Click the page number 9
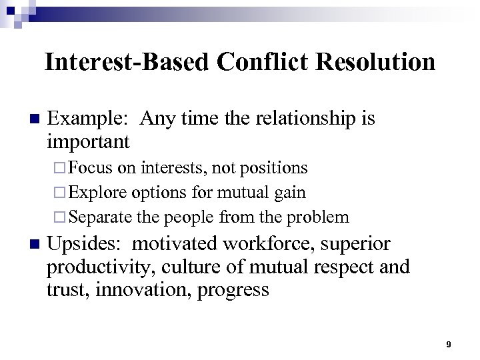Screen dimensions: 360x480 pos(449,344)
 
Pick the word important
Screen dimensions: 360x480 pos(88,141)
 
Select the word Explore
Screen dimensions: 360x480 pos(99,193)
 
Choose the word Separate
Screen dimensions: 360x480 pos(100,217)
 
